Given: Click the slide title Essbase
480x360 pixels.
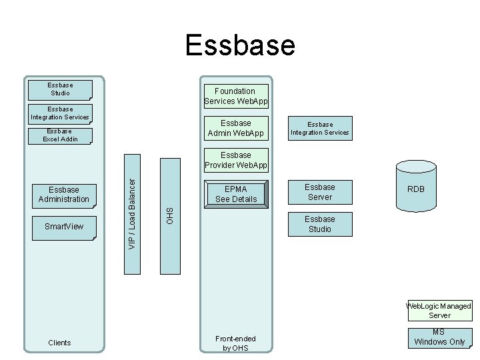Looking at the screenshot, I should [x=240, y=45].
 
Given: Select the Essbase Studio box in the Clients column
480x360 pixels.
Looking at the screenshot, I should [x=60, y=89].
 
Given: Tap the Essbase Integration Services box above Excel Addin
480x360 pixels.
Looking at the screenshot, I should [x=60, y=113].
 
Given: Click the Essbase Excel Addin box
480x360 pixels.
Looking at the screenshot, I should [x=60, y=135].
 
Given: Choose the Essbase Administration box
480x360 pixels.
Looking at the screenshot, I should [x=64, y=194].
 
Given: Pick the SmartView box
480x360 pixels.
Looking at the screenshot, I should [x=64, y=227].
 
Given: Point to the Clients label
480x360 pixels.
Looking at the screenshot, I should [x=59, y=343].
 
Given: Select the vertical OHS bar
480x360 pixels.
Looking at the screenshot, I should [x=170, y=216].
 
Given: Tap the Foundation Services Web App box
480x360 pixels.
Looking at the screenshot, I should [x=235, y=96].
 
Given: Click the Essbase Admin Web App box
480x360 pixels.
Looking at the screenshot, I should [x=236, y=128].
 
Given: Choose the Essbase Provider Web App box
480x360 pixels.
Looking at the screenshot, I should [x=236, y=160].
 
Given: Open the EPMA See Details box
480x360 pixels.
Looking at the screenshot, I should [x=236, y=194].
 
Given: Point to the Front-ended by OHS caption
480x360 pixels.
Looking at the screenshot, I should [x=235, y=343].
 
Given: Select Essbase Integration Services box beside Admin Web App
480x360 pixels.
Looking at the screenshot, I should [x=320, y=128].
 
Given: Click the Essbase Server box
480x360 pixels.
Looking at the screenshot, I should [x=320, y=192].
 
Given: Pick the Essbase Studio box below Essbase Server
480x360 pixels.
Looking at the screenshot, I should [x=320, y=224].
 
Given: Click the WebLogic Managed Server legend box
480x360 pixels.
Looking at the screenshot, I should [x=440, y=311].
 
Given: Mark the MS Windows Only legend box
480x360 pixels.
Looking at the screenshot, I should [x=439, y=337].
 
